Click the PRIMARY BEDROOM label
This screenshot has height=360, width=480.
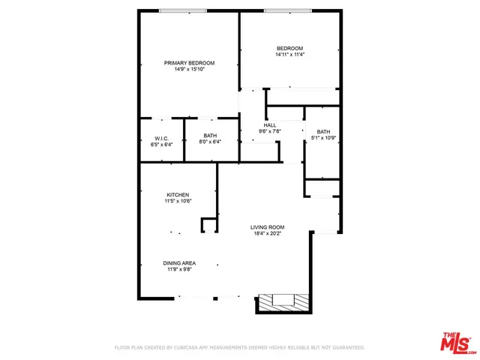tap(190, 62)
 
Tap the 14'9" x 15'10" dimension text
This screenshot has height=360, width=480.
tap(190, 69)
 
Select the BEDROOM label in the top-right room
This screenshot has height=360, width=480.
tap(289, 48)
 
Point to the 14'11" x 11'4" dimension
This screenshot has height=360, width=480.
tap(289, 55)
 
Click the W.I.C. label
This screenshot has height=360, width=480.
tap(163, 138)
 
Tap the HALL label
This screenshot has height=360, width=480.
tap(270, 125)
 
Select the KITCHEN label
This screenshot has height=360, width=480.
tap(178, 194)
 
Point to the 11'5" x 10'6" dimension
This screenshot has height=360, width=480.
tap(178, 201)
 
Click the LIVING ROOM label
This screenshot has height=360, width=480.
tap(267, 227)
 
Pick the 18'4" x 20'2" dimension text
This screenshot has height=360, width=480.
tap(267, 234)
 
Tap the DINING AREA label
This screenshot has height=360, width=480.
tap(180, 262)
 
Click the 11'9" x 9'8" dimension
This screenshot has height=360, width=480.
tap(180, 269)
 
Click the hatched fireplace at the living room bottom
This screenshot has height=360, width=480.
tap(283, 302)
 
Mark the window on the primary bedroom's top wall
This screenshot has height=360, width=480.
tap(184, 10)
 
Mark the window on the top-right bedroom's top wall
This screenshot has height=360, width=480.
tap(288, 10)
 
